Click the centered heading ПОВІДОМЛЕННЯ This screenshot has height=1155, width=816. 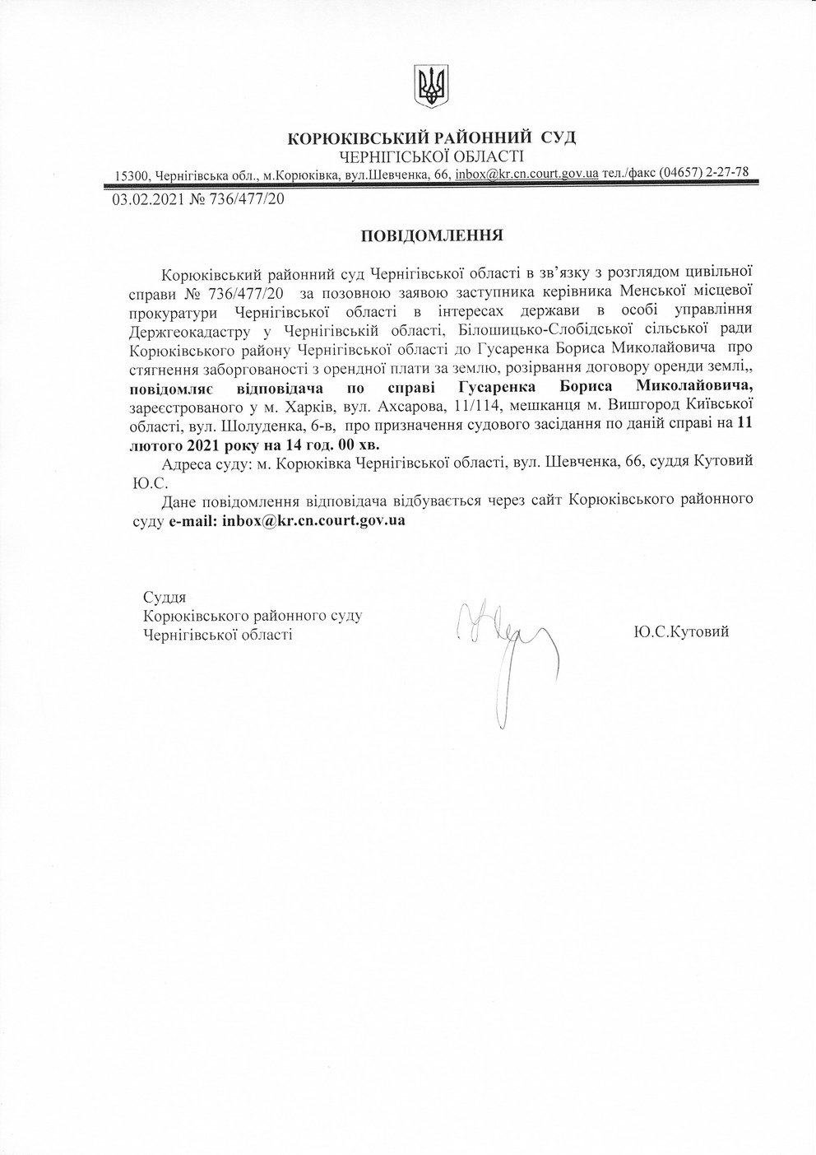(x=432, y=235)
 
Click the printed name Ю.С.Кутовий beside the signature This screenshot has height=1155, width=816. (x=682, y=631)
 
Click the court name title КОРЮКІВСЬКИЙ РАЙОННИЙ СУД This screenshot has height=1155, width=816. (x=432, y=137)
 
